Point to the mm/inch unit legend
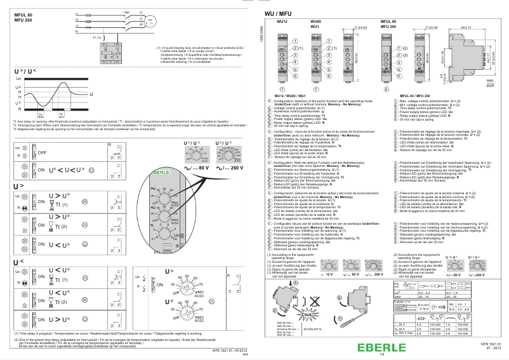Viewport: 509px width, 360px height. click(489, 83)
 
